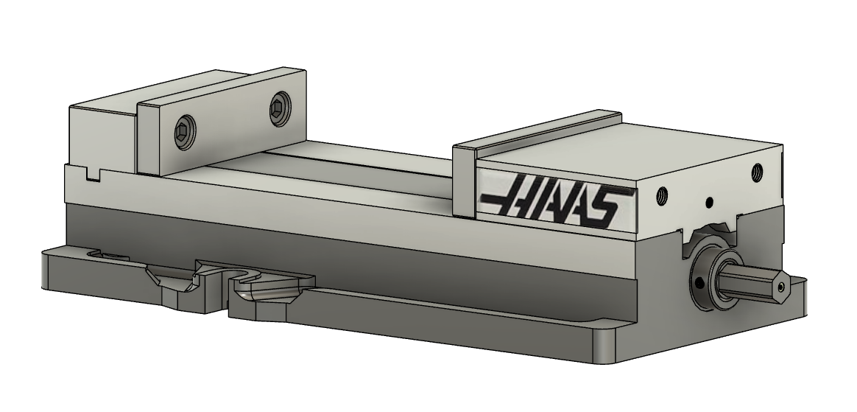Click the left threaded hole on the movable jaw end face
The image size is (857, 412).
pyautogui.click(x=660, y=197)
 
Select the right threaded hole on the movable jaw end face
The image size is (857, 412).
pyautogui.click(x=756, y=173)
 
